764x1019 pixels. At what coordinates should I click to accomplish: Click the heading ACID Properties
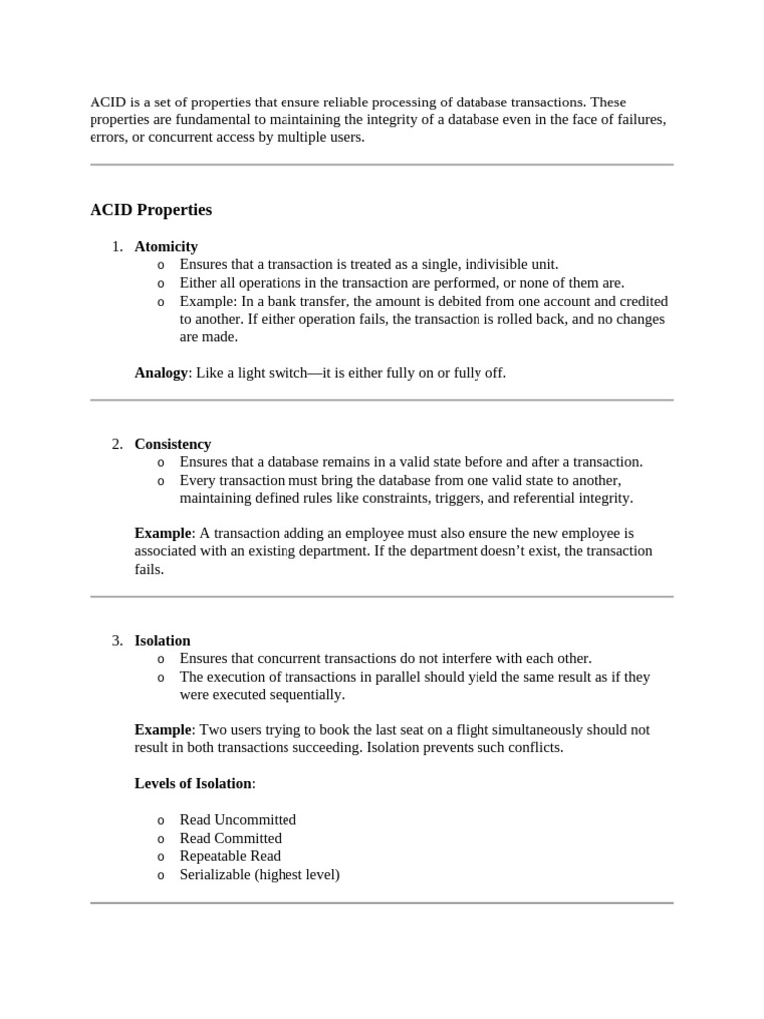[150, 210]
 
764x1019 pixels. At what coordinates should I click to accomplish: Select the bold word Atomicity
[166, 246]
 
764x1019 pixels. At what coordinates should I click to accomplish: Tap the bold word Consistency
[173, 444]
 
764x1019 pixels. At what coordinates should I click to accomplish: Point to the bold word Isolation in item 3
[162, 640]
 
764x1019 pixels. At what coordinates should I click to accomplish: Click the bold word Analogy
[161, 373]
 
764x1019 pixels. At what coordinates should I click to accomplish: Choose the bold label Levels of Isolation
[193, 783]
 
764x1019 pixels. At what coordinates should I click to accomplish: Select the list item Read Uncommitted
[238, 820]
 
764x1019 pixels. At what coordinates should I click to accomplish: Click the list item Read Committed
[230, 838]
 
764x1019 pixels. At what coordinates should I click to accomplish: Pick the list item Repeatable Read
[230, 856]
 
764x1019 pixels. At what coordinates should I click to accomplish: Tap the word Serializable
[214, 874]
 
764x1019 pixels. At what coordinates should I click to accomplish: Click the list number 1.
[116, 246]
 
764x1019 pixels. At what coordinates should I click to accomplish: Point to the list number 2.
[116, 444]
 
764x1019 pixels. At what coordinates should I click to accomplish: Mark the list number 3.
[116, 640]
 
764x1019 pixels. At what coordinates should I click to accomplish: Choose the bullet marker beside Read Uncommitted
[161, 821]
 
